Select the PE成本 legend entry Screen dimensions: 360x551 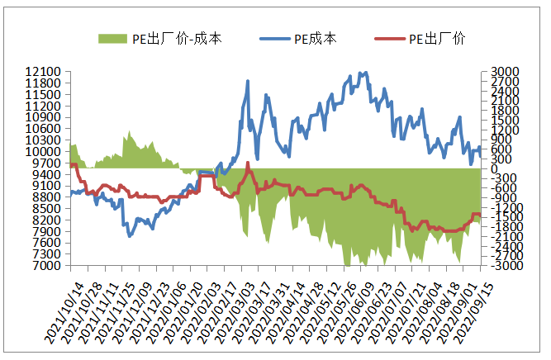(x=315, y=38)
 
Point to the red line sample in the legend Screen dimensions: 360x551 (x=390, y=38)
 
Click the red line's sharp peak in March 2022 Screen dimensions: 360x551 (x=248, y=163)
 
